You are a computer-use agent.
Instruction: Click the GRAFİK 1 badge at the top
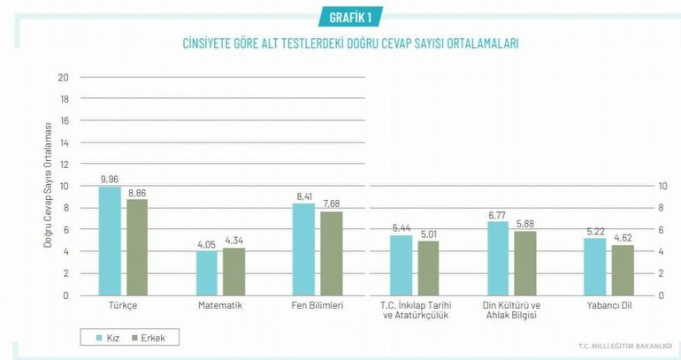pyautogui.click(x=350, y=17)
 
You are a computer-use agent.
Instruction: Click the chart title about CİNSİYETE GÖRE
pyautogui.click(x=350, y=42)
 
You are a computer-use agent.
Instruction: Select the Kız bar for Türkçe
pyautogui.click(x=110, y=241)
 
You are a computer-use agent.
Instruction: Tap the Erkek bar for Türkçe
pyautogui.click(x=137, y=247)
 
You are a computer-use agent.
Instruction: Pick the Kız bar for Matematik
pyautogui.click(x=207, y=273)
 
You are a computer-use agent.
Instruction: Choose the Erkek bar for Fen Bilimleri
pyautogui.click(x=333, y=253)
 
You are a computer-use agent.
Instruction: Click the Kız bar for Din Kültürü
pyautogui.click(x=498, y=258)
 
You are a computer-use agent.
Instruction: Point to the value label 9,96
pyautogui.click(x=110, y=180)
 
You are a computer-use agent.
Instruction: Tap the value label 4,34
pyautogui.click(x=234, y=241)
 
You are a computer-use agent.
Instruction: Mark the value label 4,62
pyautogui.click(x=623, y=238)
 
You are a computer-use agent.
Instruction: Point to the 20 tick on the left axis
pyautogui.click(x=63, y=77)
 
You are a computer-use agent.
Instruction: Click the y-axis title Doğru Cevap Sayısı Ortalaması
pyautogui.click(x=48, y=186)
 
